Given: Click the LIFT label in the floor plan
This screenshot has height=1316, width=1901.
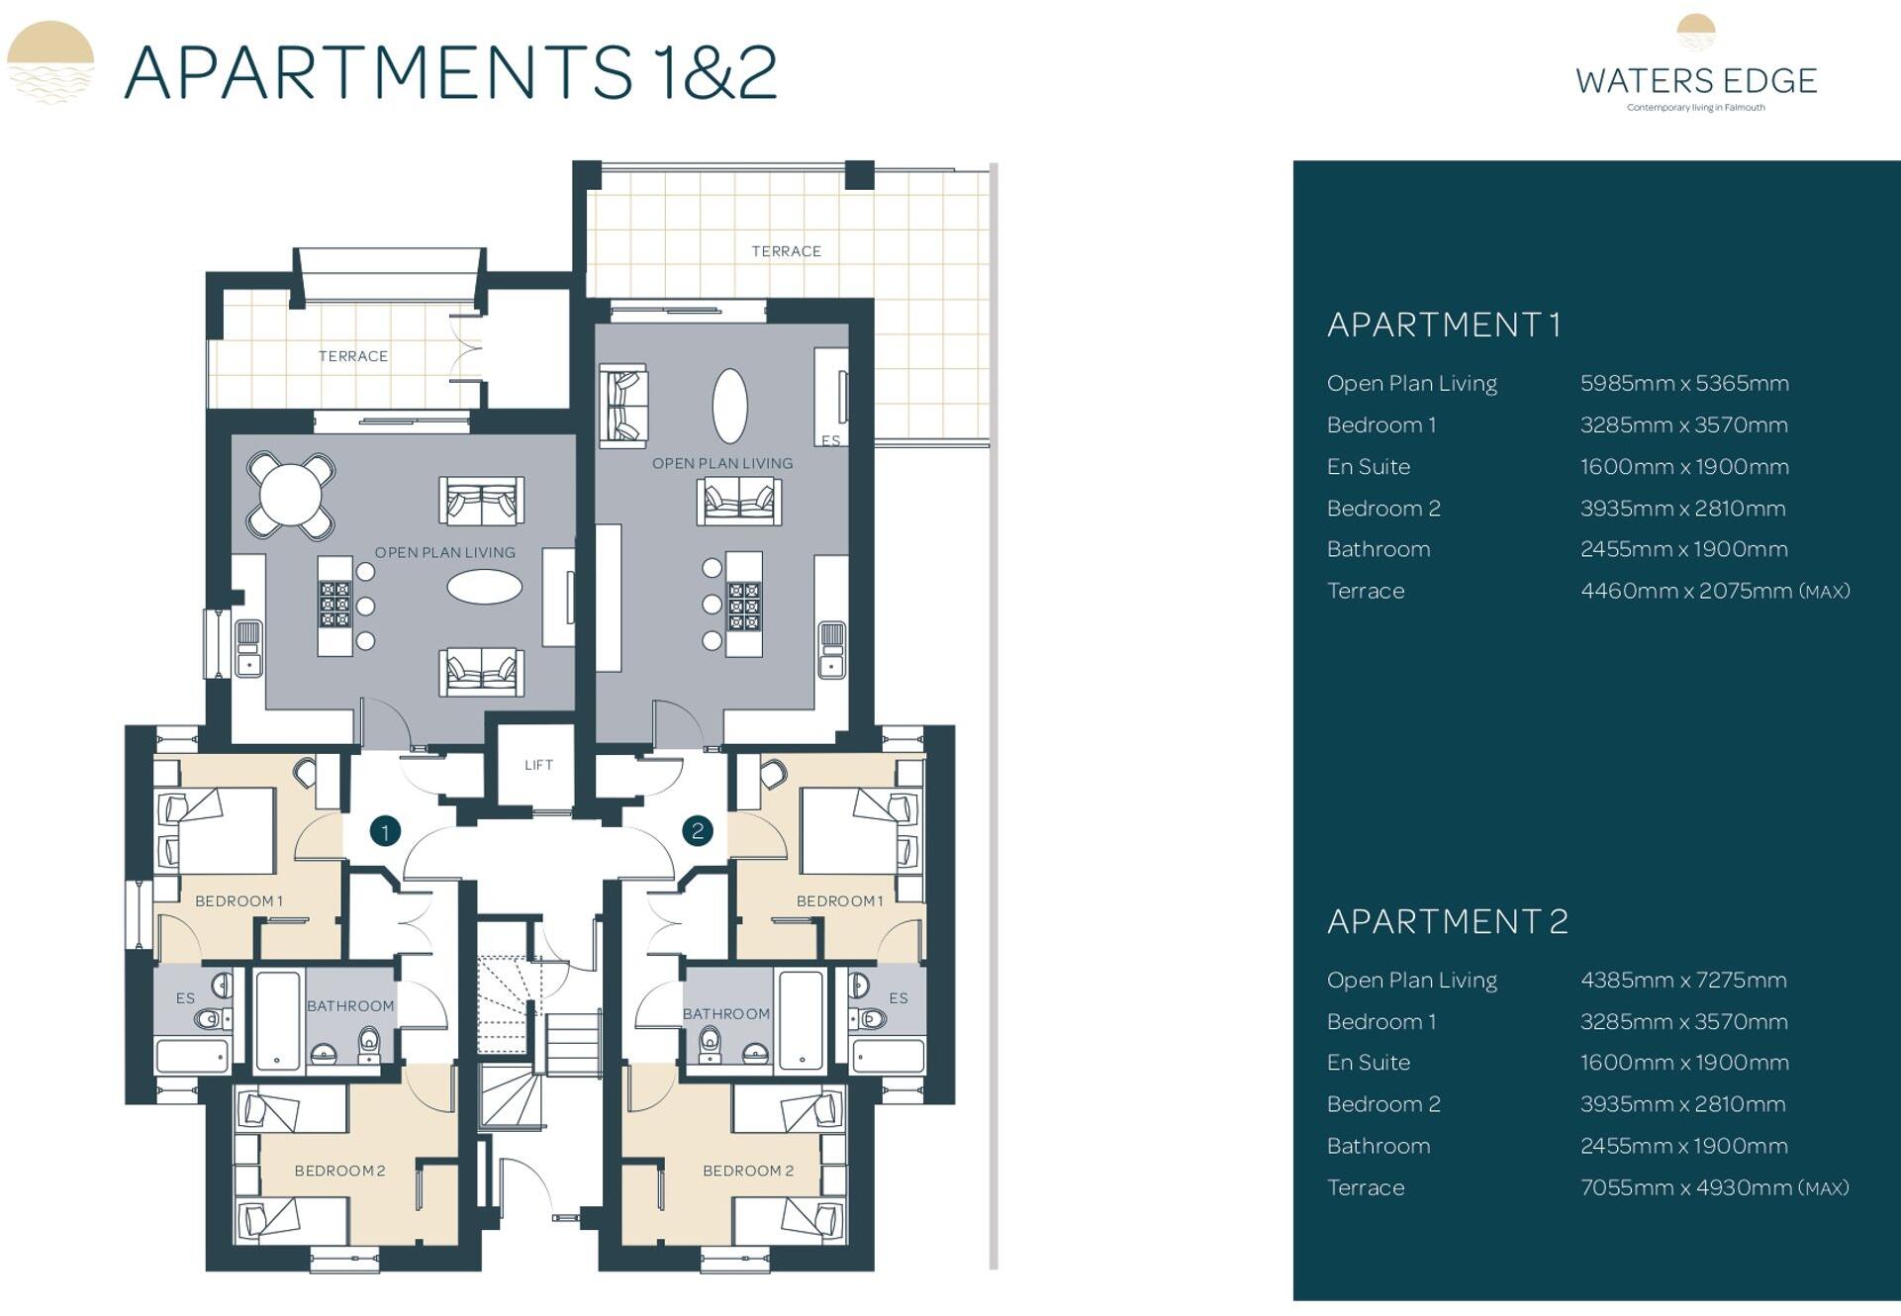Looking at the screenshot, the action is click(538, 765).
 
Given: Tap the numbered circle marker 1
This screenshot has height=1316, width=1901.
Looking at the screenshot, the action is click(385, 831).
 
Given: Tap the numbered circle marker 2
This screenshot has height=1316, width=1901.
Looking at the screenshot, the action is click(698, 831).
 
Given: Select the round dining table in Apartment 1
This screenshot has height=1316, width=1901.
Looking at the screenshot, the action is click(290, 494).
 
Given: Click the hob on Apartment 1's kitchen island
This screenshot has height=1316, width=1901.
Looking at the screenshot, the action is click(334, 605).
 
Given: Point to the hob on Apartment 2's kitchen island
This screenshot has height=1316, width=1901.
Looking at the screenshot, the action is click(743, 606).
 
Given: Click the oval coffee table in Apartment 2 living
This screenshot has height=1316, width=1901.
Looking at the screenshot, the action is click(730, 406).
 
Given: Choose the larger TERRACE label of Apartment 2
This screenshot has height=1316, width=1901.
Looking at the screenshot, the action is click(786, 251).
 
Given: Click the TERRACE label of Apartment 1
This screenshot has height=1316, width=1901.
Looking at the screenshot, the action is click(352, 356).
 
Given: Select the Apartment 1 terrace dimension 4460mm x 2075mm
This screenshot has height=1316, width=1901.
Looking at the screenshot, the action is click(1714, 591).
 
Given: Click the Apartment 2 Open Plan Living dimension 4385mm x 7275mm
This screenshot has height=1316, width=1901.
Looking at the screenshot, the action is click(1683, 980).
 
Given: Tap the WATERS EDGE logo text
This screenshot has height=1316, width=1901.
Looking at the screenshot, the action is click(1696, 80).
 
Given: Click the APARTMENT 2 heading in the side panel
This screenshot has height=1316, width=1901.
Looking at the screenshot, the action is click(1447, 921).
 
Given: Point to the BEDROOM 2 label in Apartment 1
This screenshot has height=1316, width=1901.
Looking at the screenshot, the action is click(339, 1171).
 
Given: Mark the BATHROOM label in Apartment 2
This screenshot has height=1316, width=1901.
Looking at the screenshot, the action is click(725, 1013).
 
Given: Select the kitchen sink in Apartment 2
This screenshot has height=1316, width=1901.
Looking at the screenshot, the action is click(831, 649).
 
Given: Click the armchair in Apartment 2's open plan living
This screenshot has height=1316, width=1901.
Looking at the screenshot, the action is click(623, 406).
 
